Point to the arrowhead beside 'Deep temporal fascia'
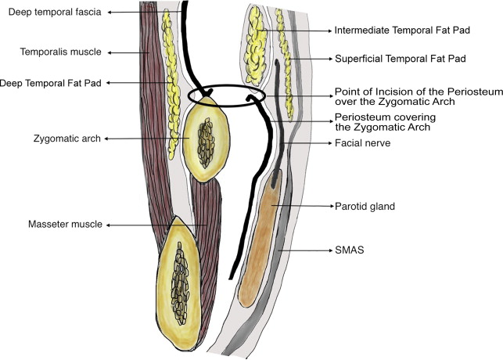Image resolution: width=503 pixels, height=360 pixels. (x=107, y=13)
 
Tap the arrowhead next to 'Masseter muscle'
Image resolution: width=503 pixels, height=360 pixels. (x=110, y=225)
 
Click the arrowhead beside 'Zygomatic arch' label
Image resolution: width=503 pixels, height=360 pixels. (x=106, y=139)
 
